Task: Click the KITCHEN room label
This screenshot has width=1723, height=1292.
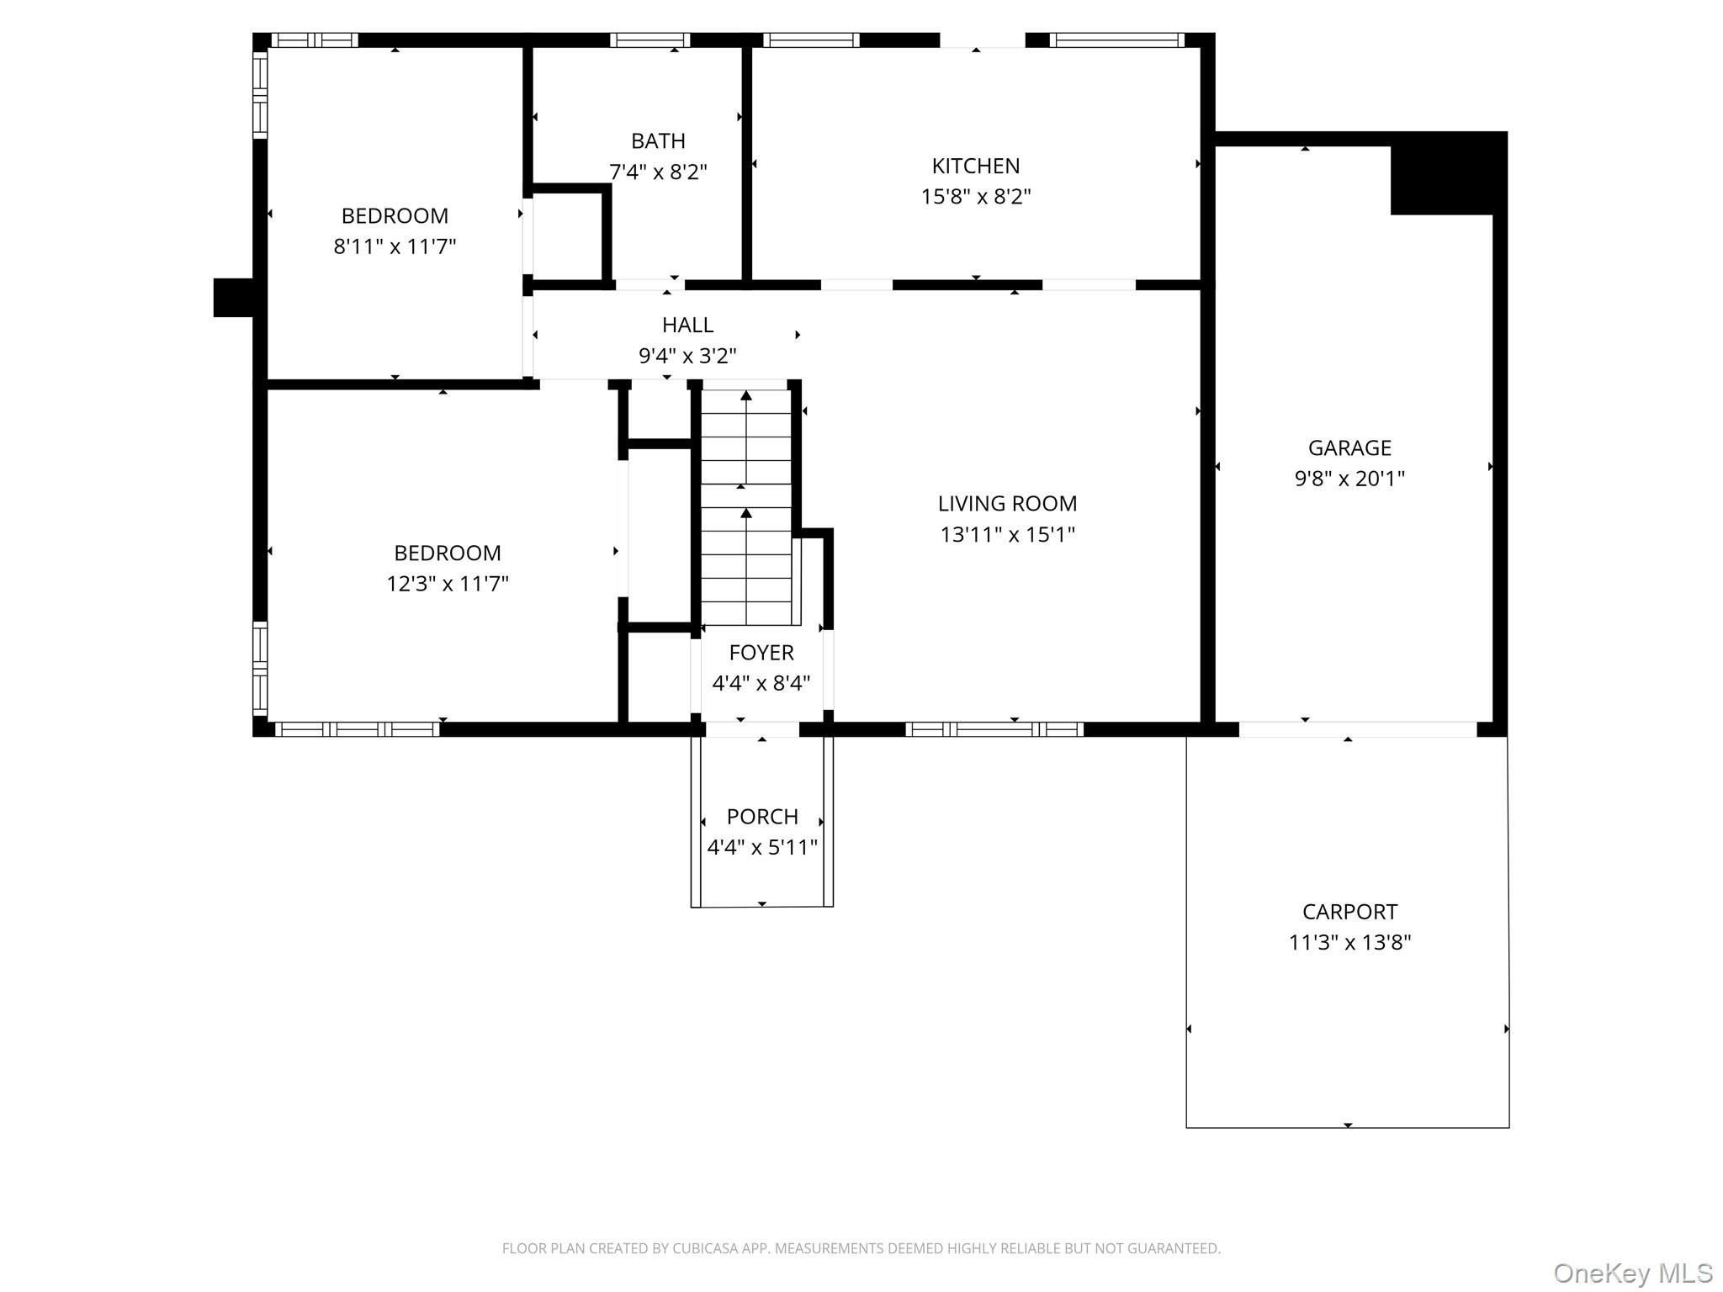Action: [975, 166]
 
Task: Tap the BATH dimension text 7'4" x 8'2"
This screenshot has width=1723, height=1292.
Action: [658, 172]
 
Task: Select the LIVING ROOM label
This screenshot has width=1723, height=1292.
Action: [1007, 503]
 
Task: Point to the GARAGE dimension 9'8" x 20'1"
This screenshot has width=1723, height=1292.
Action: [1349, 479]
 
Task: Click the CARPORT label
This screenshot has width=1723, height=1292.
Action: [1349, 912]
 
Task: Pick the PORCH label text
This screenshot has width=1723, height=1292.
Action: [762, 817]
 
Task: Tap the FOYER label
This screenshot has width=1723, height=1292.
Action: [761, 653]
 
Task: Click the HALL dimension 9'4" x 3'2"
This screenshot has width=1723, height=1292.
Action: [687, 356]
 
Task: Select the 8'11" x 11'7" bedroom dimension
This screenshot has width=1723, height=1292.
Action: [395, 246]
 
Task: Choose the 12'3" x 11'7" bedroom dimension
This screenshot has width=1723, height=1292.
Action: [448, 584]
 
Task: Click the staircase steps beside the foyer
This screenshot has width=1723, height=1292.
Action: [746, 507]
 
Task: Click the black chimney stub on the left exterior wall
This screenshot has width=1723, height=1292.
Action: [233, 298]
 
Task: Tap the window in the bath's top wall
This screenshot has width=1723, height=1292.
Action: [649, 40]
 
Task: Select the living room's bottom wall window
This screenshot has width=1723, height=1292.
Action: [994, 729]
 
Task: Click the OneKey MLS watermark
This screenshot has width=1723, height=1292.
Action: [1632, 1273]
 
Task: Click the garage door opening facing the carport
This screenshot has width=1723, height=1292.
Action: [1358, 729]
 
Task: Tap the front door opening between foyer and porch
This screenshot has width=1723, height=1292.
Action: [752, 729]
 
